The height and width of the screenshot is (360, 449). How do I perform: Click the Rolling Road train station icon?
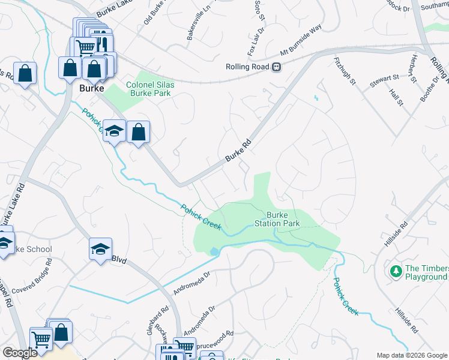(276, 67)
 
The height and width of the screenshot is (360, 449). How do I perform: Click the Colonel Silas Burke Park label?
(150, 89)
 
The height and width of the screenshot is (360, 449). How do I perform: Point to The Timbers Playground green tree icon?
(396, 272)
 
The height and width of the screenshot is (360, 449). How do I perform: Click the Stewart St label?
(384, 78)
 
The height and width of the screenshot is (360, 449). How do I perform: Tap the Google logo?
(19, 353)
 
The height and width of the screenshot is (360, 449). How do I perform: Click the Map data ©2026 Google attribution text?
(412, 355)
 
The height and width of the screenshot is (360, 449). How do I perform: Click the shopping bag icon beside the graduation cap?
(138, 131)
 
